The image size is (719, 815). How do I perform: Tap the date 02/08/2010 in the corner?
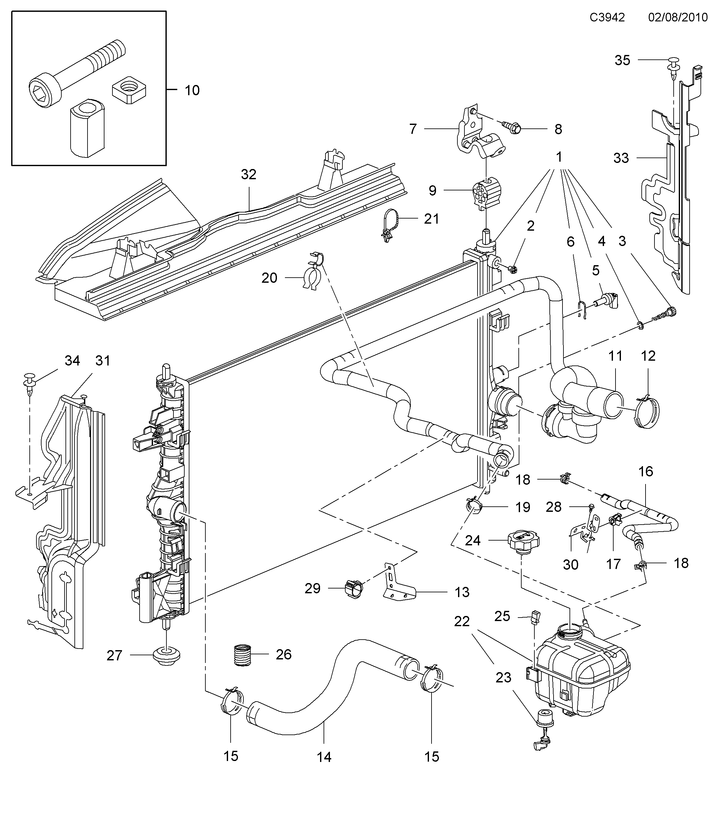pos(678,18)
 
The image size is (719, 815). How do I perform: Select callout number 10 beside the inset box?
pos(192,90)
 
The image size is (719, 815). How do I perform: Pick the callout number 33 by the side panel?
pos(621,158)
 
